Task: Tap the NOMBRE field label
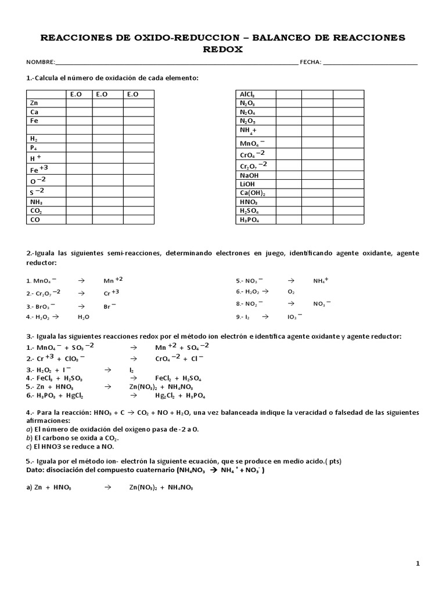point(40,63)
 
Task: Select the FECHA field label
point(310,63)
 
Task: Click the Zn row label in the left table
point(34,103)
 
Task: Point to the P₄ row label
point(34,148)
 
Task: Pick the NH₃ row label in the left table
point(36,202)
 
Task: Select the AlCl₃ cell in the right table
point(247,94)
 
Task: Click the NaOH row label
point(249,175)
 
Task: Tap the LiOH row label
point(247,184)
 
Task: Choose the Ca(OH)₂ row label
point(253,193)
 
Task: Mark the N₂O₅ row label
point(248,121)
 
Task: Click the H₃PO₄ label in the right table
point(250,220)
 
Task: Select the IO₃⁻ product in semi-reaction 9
point(296,317)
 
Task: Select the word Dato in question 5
point(35,470)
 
